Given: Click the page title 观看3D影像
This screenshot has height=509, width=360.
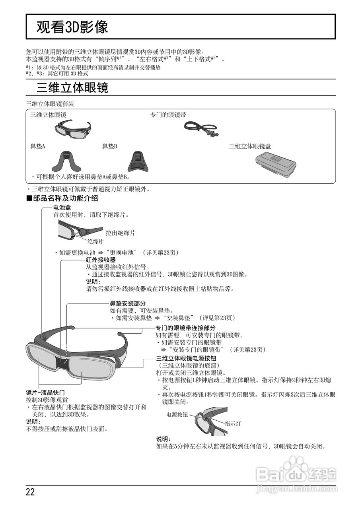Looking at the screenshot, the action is [x=72, y=27].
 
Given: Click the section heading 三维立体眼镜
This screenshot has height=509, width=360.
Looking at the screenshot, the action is [x=72, y=88].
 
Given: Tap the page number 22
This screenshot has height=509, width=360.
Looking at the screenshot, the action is [x=30, y=492].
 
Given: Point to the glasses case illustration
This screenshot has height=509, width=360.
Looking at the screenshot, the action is [x=275, y=163].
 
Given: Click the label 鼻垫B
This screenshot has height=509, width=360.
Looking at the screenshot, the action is [x=110, y=147].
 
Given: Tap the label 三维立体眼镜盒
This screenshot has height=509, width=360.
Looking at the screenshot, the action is [x=250, y=146].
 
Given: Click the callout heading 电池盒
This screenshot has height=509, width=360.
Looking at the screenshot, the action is [x=62, y=208].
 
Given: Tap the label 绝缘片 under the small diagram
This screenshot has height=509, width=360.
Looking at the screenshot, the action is [x=95, y=241].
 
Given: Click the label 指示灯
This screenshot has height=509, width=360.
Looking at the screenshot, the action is [x=233, y=424].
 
